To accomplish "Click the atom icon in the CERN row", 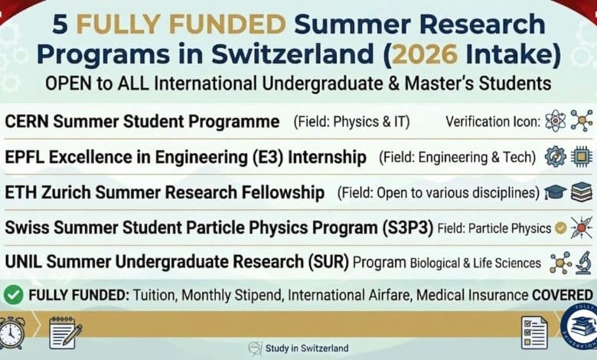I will pos(553,121).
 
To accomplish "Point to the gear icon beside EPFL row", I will pos(555,157).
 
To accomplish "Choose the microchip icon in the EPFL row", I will pos(582,157).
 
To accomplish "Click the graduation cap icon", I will pos(555,192).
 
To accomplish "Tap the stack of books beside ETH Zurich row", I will pos(582,192).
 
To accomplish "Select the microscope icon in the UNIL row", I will pos(584,262).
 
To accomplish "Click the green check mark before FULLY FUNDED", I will pos(13,294).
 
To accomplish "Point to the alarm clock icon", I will pos(12,333).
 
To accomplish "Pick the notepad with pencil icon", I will pos(65,332).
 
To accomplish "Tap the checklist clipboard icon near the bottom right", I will pos(533,332).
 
